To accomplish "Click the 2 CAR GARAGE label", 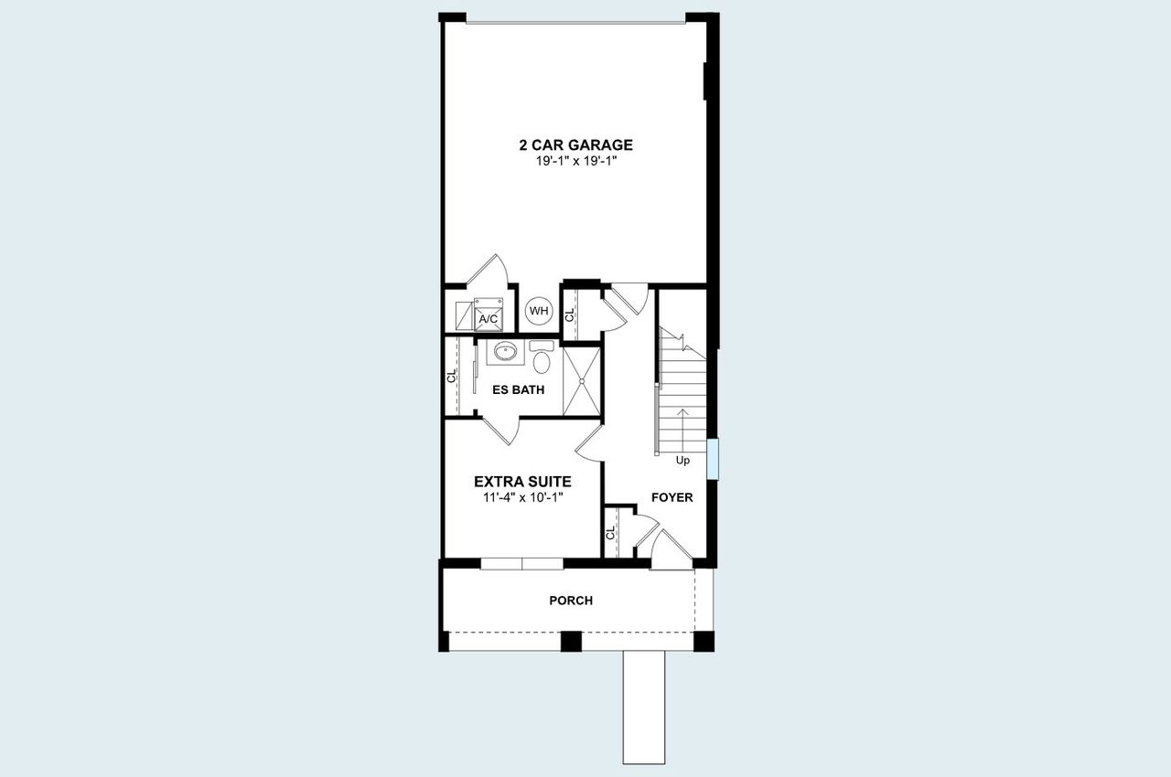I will tap(575, 144).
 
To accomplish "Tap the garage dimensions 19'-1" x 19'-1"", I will tap(575, 161).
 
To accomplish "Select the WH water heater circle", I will tap(539, 311).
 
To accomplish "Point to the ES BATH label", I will tap(518, 389).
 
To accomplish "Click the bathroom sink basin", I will tap(504, 350).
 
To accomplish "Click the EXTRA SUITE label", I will tap(522, 481).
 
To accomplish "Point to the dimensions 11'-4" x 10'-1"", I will tap(522, 497).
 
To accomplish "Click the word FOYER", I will tap(671, 497).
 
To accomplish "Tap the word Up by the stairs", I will tap(682, 461).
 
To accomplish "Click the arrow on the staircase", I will tap(682, 425).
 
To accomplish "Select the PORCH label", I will tap(571, 601).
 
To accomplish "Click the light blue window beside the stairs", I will tap(713, 458).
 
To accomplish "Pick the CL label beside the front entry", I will tap(609, 534).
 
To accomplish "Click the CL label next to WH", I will tap(569, 314).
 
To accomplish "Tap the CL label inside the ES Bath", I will tap(451, 377).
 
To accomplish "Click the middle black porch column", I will tap(571, 641).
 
